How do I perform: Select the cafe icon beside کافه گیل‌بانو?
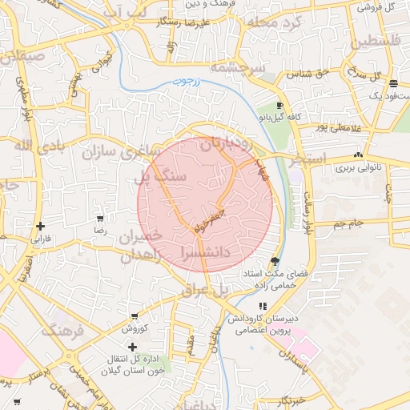click(279, 106)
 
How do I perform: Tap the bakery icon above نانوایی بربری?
click(358, 155)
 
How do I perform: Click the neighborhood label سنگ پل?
click(163, 175)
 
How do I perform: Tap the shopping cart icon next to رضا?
click(100, 218)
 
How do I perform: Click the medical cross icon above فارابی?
click(40, 226)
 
